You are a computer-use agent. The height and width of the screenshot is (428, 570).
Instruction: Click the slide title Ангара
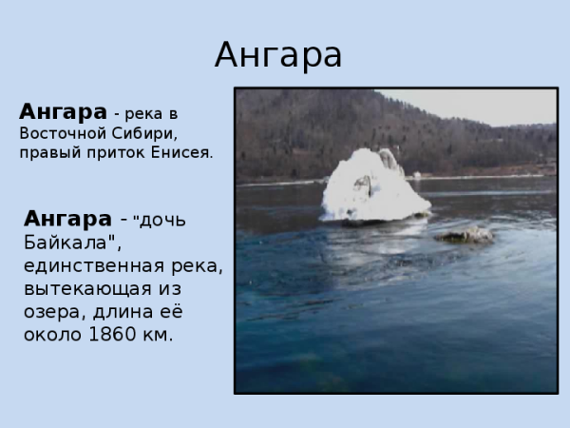coord(277,55)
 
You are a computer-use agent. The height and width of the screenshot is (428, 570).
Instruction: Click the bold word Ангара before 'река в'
coord(63,111)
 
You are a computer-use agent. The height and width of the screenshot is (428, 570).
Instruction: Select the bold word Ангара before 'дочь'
coord(68,217)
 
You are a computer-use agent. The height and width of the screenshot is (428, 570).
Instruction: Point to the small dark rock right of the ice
coord(465,234)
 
